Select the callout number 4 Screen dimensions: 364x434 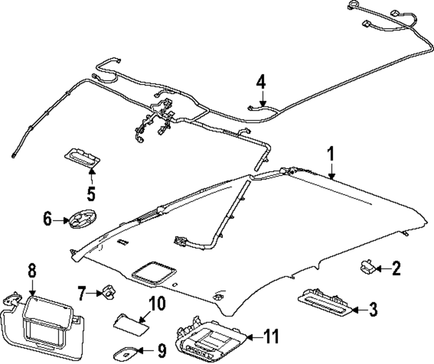260,81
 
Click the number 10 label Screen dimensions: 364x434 157,304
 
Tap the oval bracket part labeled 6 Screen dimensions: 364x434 82,220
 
